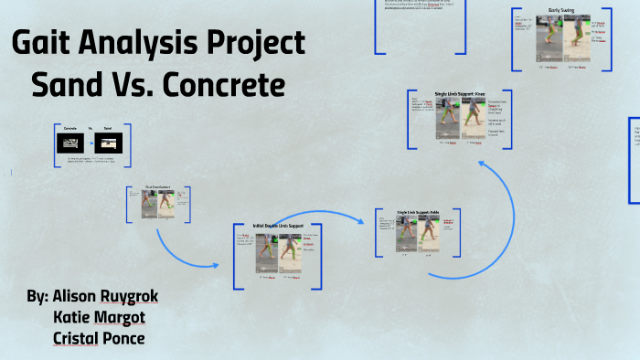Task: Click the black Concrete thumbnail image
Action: coord(70,143)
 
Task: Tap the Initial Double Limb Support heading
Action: coord(278,226)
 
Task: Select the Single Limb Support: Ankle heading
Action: coord(418,213)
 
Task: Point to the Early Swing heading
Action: coord(560,11)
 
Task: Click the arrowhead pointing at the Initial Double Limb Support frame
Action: coord(217,265)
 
